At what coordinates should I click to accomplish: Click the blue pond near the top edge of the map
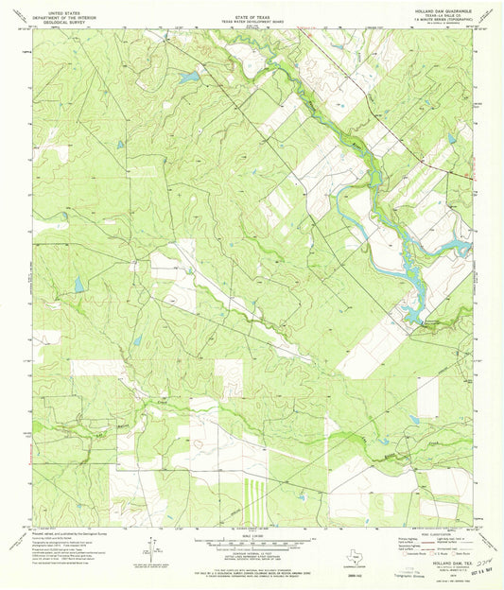189,76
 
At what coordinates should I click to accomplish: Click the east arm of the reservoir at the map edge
459,248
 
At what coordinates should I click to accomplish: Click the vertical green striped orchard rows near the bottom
250,491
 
